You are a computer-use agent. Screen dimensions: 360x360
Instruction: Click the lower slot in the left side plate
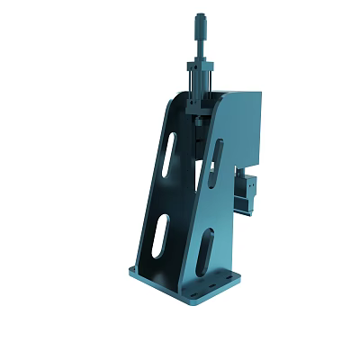[158, 237]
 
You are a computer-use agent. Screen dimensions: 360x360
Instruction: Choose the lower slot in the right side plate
[205, 252]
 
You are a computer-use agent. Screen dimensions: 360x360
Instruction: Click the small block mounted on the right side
[245, 189]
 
